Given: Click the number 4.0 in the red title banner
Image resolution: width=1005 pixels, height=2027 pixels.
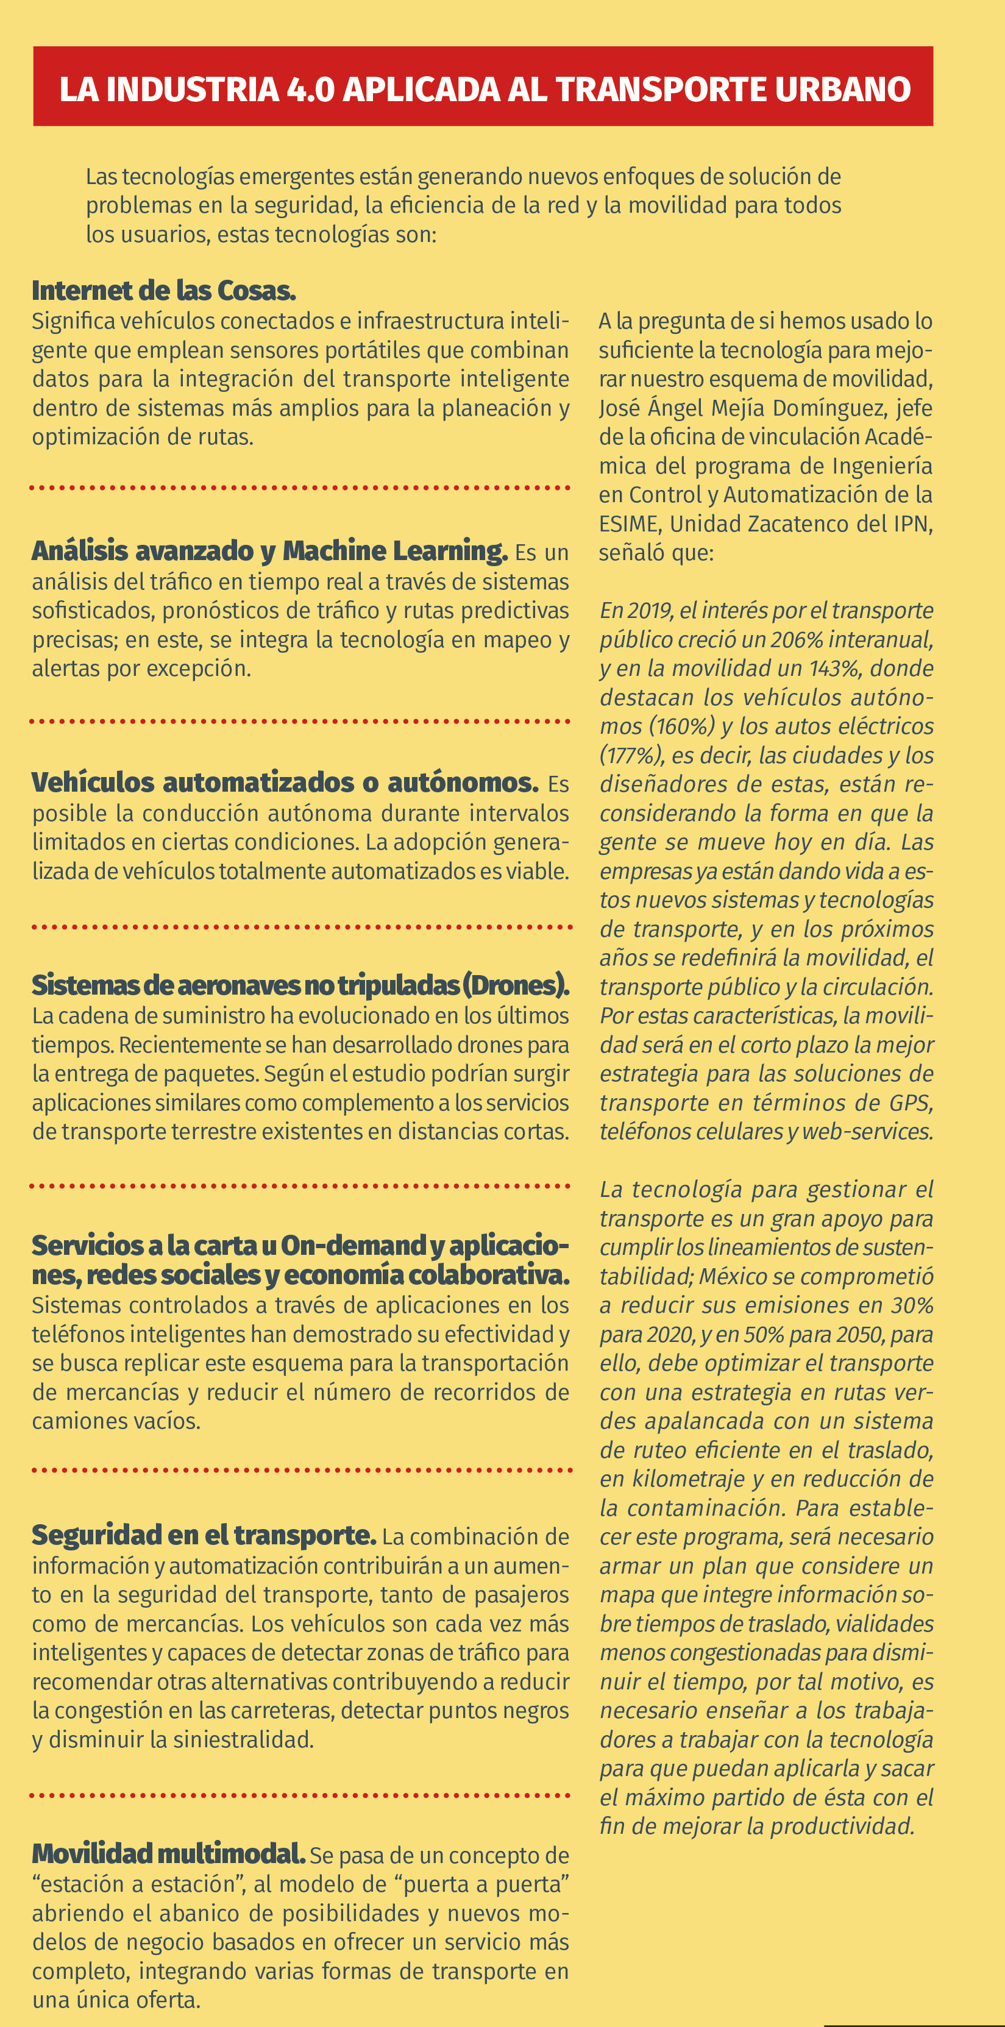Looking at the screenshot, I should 311,89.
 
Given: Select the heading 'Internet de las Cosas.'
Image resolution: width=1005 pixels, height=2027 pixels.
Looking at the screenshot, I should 164,290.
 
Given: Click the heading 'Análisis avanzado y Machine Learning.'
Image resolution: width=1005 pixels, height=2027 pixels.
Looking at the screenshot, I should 269,550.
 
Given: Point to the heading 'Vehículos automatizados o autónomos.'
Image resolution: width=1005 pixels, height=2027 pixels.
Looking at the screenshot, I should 285,782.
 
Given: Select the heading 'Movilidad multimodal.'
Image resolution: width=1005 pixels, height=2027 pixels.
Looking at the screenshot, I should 168,1853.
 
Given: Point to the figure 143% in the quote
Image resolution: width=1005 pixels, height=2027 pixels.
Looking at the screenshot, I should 833,668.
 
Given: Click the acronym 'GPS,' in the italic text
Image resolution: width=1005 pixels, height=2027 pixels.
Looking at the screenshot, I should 911,1102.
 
